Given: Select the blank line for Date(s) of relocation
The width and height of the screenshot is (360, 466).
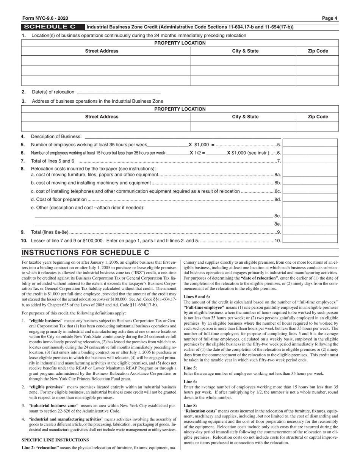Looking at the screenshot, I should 118,92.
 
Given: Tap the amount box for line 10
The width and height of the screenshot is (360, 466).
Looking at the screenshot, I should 310,239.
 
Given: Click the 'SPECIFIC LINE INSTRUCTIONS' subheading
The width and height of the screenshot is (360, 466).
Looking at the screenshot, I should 55,440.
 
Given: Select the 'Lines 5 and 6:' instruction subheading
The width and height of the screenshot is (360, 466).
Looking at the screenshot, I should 197,296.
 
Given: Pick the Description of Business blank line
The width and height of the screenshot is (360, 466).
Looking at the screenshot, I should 182,136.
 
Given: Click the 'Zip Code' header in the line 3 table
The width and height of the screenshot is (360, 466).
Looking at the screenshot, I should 318,117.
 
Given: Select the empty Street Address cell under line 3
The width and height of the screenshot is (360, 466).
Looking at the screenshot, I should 106,126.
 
